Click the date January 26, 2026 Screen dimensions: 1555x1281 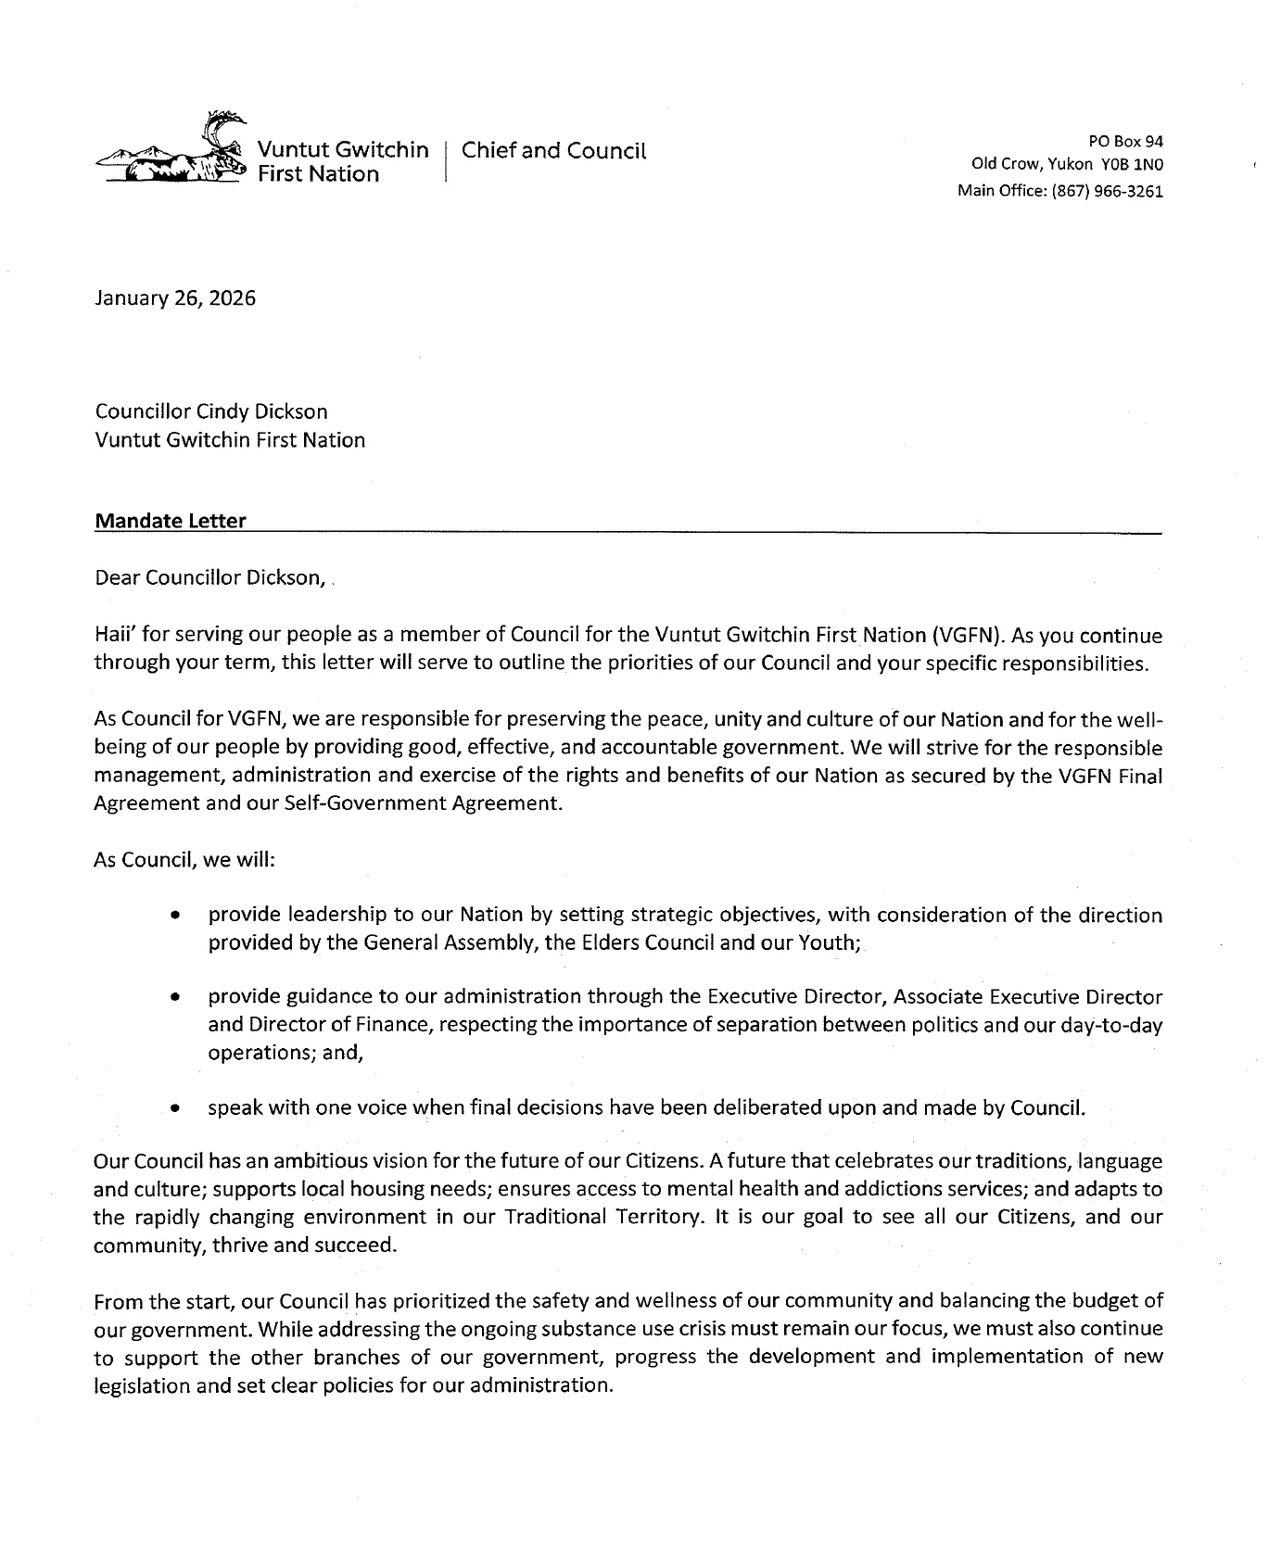pos(175,298)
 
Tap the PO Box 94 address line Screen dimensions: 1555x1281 pos(1126,141)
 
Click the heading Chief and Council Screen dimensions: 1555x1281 pos(553,150)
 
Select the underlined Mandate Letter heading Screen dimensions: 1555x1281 pos(171,521)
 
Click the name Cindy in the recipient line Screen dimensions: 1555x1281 pos(222,411)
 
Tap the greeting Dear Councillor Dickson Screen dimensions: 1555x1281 pos(209,578)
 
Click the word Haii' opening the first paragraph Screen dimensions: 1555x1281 pos(116,635)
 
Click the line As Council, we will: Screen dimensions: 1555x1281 pos(184,859)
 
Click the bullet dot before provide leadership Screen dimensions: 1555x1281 pos(174,916)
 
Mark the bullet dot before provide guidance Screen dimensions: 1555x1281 pos(174,998)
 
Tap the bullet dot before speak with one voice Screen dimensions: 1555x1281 pos(174,1107)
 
